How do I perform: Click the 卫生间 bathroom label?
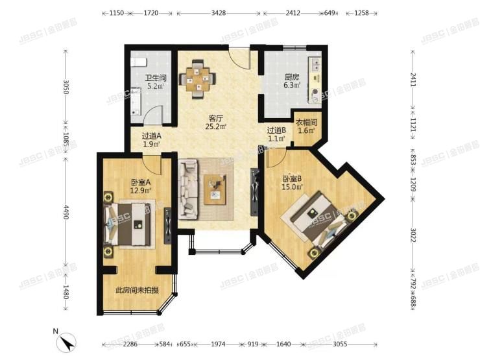tap(156, 78)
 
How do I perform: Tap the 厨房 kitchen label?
tap(292, 77)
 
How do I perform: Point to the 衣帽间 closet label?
tap(306, 122)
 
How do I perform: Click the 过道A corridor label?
tap(151, 136)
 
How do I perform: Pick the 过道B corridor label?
tap(276, 130)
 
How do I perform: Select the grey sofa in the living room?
tap(189, 189)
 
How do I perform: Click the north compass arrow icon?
tap(67, 341)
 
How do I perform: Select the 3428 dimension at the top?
tap(219, 13)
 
